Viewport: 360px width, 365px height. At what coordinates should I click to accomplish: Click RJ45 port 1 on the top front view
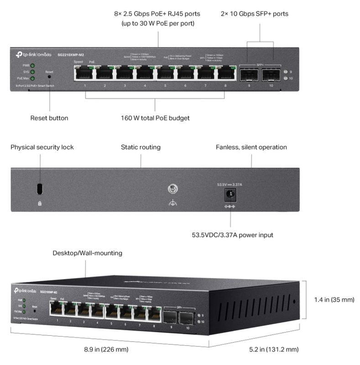(x=85, y=73)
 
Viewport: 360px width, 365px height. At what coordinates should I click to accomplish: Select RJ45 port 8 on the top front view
(x=225, y=73)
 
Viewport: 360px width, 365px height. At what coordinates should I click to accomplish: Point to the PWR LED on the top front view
(x=32, y=66)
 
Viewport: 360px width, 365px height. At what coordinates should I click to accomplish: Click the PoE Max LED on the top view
(x=32, y=78)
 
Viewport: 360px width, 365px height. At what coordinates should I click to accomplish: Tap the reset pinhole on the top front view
(x=49, y=78)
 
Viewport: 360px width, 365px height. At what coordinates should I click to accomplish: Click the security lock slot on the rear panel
(x=39, y=188)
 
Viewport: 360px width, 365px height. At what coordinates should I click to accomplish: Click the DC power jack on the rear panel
(x=229, y=195)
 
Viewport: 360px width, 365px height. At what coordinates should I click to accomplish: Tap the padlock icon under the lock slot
(x=39, y=203)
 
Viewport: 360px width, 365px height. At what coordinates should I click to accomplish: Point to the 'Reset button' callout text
(x=49, y=118)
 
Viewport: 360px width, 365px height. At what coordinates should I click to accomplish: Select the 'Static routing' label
(x=141, y=147)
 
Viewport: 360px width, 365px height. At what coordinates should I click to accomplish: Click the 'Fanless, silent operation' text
(x=251, y=147)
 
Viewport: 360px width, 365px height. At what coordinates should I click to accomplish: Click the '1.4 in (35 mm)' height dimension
(x=334, y=300)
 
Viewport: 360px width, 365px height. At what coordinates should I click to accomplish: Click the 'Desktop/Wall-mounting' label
(x=87, y=253)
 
